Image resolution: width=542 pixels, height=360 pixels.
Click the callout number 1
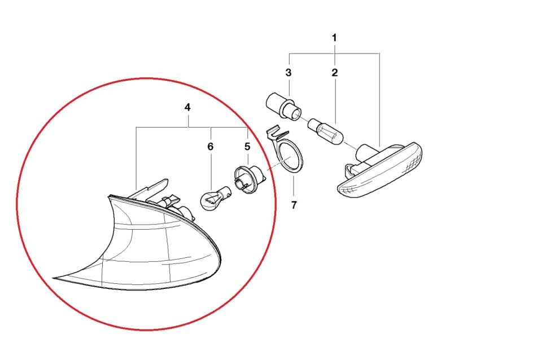click(334, 38)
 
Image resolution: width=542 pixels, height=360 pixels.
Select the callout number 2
click(334, 73)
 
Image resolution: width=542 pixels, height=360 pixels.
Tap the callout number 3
click(289, 73)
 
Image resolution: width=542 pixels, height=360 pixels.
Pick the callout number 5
click(247, 146)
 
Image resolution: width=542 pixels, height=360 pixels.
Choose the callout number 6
click(210, 146)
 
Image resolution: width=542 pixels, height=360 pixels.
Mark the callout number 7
click(294, 205)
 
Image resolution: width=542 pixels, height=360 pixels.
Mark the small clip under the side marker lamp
click(350, 168)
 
